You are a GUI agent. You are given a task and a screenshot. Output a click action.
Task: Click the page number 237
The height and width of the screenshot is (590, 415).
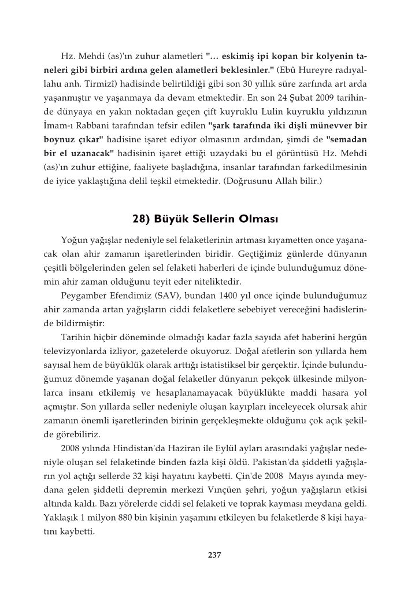[214, 556]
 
